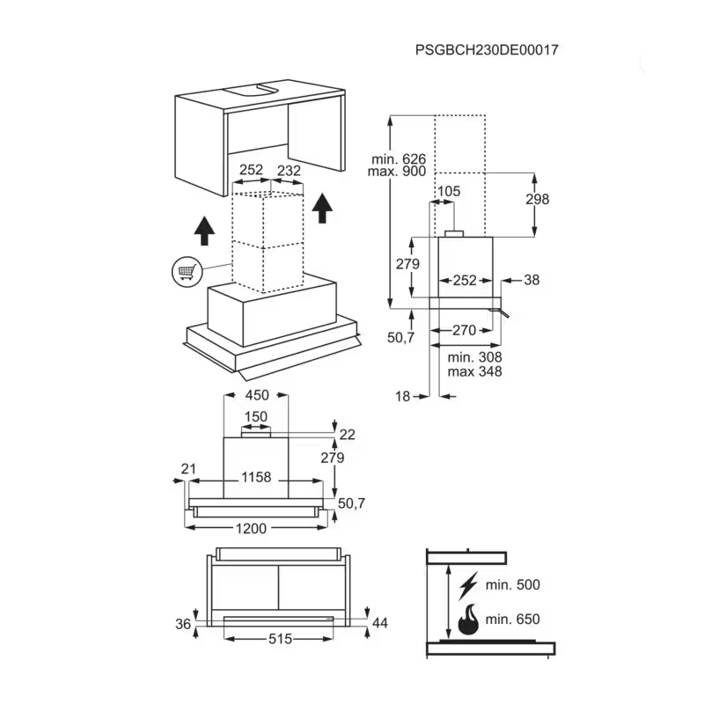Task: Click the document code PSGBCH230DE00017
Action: click(x=487, y=50)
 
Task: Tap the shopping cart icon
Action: click(x=186, y=271)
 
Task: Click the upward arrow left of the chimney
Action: click(x=203, y=230)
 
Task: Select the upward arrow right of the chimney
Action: click(x=323, y=208)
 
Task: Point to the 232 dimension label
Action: click(x=289, y=170)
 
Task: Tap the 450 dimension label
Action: click(x=256, y=395)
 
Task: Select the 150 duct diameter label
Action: click(x=255, y=416)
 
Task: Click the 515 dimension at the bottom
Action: click(x=279, y=639)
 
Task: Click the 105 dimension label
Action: click(x=449, y=191)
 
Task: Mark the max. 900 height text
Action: click(x=399, y=172)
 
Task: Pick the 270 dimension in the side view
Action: click(x=464, y=330)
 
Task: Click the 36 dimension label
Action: click(x=183, y=624)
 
